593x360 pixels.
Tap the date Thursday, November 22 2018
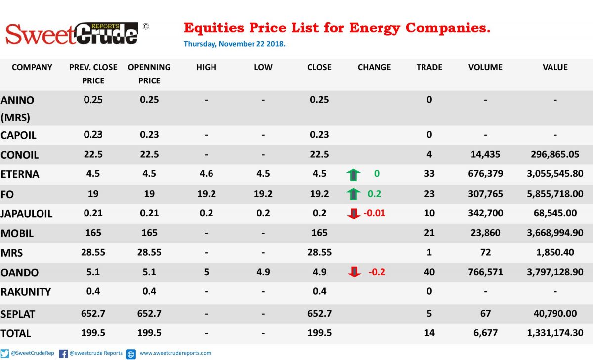pyautogui.click(x=235, y=44)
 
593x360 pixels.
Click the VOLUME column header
pyautogui.click(x=485, y=67)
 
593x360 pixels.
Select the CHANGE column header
pyautogui.click(x=374, y=67)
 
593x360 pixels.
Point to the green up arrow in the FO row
pyautogui.click(x=353, y=194)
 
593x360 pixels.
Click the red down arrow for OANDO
pyautogui.click(x=354, y=272)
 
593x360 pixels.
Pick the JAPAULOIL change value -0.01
pyautogui.click(x=375, y=213)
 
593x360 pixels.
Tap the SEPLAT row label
pyautogui.click(x=18, y=314)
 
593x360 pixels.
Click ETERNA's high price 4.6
pyautogui.click(x=206, y=174)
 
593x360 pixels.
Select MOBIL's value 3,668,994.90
pyautogui.click(x=555, y=233)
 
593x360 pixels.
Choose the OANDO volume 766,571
pyautogui.click(x=485, y=272)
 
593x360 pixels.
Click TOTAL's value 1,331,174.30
pyautogui.click(x=555, y=333)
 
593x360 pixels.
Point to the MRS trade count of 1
pyautogui.click(x=429, y=252)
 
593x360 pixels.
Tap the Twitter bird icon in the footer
pyautogui.click(x=5, y=354)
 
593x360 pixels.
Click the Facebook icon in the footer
pyautogui.click(x=63, y=354)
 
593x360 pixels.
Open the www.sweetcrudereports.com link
pyautogui.click(x=175, y=353)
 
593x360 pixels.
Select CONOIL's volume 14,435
pyautogui.click(x=485, y=154)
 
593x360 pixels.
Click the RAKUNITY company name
pyautogui.click(x=26, y=292)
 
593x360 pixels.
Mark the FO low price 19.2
pyautogui.click(x=263, y=194)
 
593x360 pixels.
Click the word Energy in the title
pyautogui.click(x=375, y=28)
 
